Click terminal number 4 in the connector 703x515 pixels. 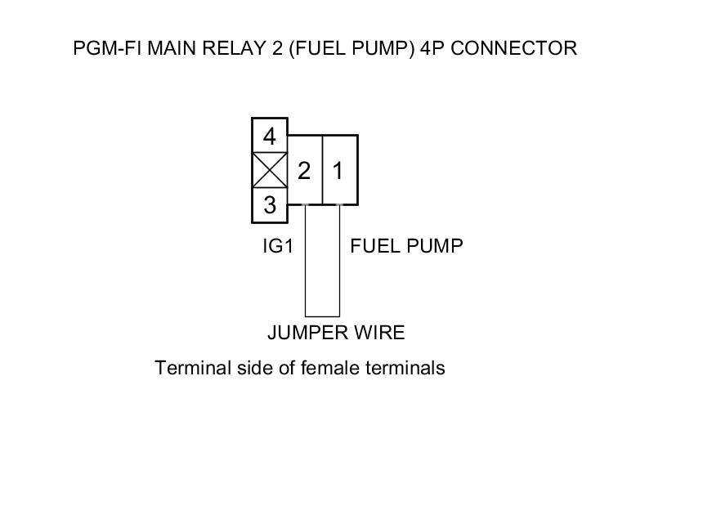[269, 135]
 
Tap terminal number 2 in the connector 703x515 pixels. [305, 171]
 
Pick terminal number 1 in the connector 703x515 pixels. [338, 171]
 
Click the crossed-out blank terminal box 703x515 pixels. [269, 170]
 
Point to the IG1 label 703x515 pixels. [277, 246]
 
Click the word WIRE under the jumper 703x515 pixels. [378, 333]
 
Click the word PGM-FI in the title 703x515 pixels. [101, 48]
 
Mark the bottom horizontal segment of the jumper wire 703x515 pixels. [322, 316]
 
